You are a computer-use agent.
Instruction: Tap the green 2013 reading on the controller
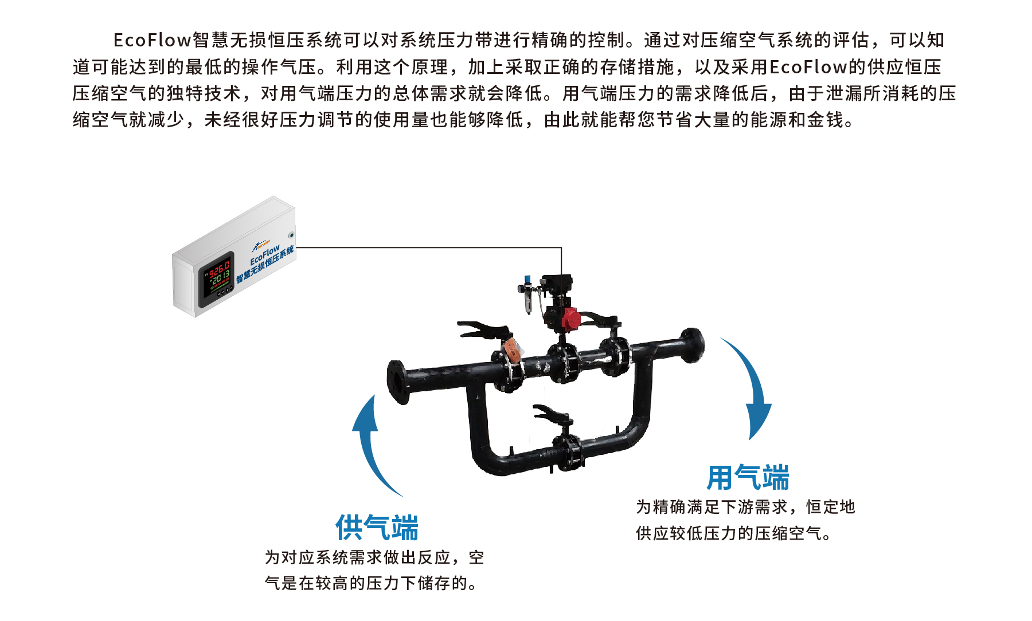220,279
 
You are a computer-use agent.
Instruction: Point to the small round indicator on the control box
291,235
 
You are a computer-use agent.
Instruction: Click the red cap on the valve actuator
570,319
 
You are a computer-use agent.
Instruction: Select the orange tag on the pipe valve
513,349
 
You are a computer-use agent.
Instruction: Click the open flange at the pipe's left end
397,382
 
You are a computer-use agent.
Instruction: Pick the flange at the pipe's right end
692,345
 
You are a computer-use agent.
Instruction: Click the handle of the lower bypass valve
550,412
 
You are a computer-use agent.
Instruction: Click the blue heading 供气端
377,528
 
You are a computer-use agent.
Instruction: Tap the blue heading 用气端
748,478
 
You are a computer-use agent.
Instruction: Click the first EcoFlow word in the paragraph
152,40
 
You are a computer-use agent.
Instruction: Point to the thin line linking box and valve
430,247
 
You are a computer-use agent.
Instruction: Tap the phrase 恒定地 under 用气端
830,507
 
